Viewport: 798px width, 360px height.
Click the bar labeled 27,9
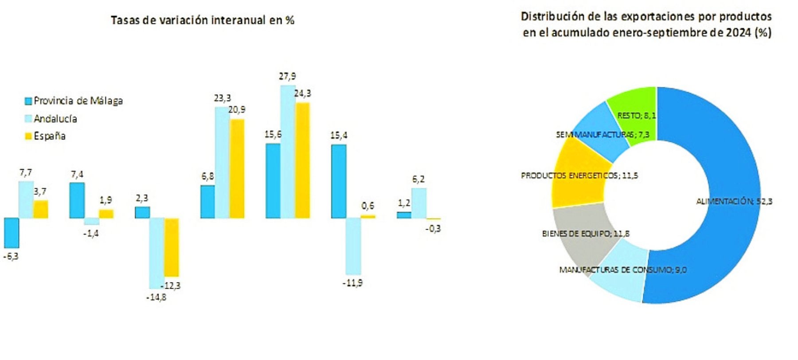pos(288,152)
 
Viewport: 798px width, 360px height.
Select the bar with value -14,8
pos(156,253)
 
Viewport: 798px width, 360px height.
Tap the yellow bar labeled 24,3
pos(302,160)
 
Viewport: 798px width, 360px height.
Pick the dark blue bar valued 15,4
pos(339,181)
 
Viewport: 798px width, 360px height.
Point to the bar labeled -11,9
pos(353,246)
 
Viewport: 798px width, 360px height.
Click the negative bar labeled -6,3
pos(12,232)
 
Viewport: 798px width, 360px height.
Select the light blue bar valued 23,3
pos(222,162)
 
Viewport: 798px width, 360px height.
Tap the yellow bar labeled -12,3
pos(172,247)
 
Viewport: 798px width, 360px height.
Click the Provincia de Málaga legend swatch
pos(28,101)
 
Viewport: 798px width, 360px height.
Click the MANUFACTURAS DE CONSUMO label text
pos(622,270)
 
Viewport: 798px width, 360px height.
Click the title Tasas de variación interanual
pos(202,20)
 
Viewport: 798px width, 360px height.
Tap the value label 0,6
pos(368,206)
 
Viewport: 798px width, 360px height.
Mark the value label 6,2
pos(418,179)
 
